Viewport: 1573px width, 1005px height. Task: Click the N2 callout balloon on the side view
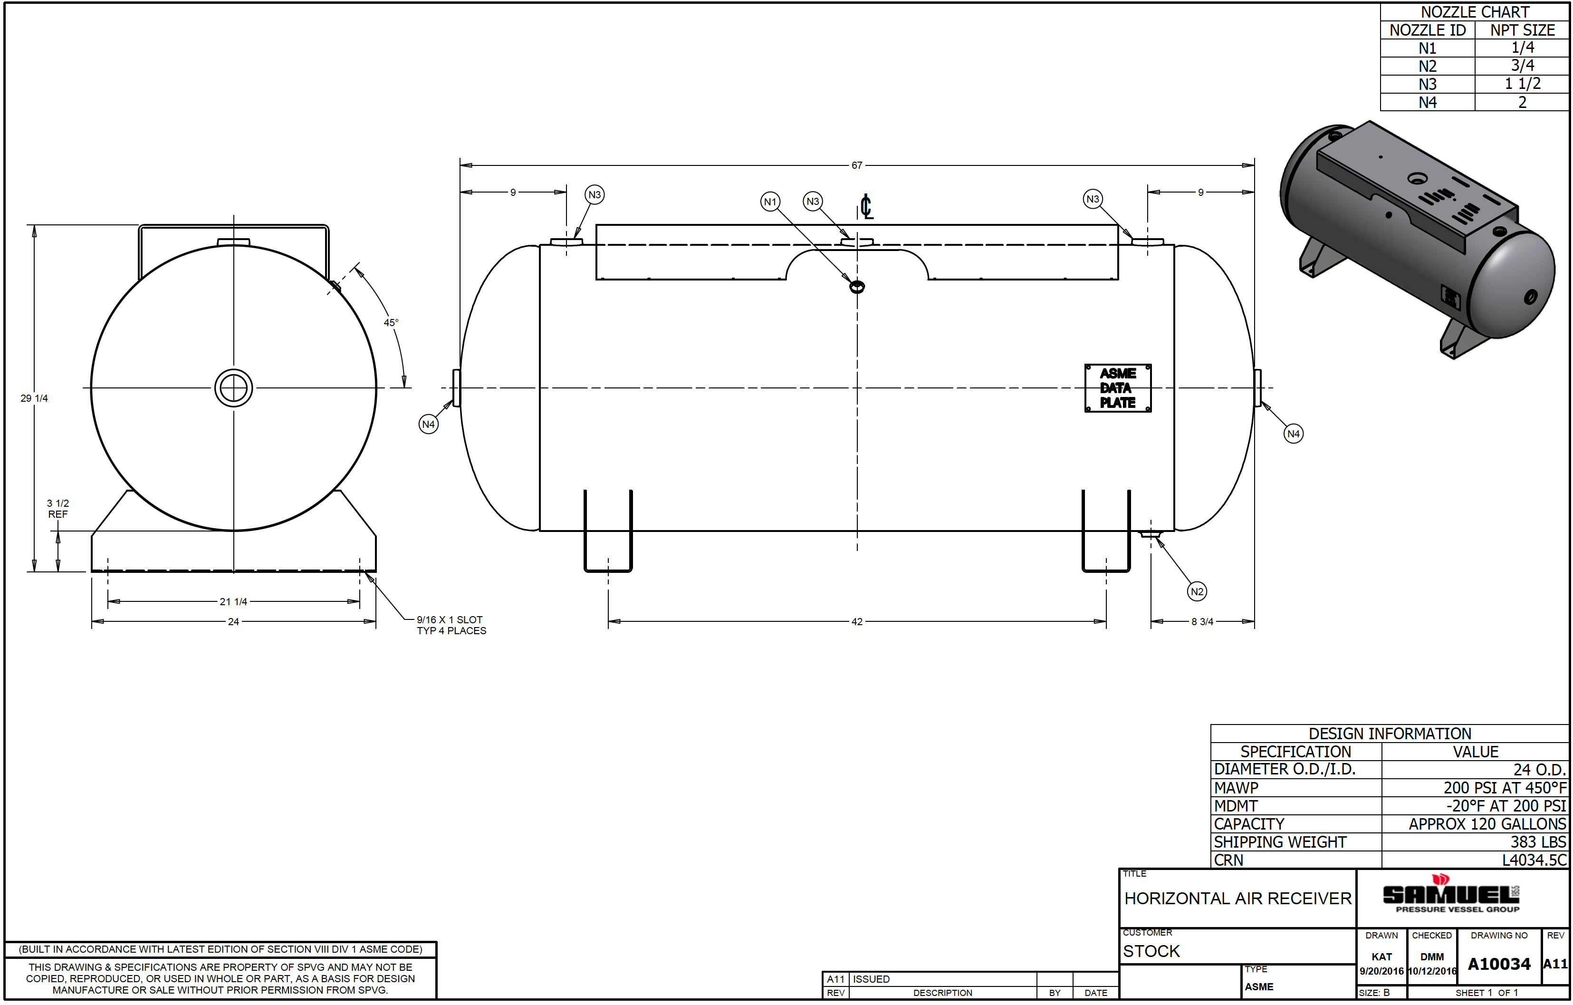(1197, 591)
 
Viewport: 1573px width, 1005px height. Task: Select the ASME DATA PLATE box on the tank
(1118, 388)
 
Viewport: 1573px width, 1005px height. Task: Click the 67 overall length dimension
(856, 165)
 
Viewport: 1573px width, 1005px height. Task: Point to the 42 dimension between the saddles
(856, 621)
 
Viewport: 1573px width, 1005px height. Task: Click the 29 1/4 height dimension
(34, 398)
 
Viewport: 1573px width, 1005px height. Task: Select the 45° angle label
(391, 322)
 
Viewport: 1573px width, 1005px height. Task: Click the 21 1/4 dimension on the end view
(233, 601)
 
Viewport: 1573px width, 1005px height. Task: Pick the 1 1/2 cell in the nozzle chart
(1522, 84)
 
